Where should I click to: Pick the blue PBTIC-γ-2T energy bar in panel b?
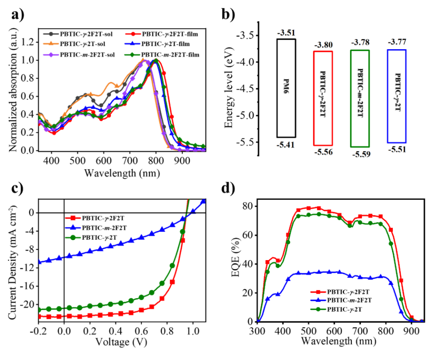pyautogui.click(x=396, y=96)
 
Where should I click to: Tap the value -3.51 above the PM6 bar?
pyautogui.click(x=286, y=32)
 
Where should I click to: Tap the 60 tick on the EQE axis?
pyautogui.click(x=248, y=235)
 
